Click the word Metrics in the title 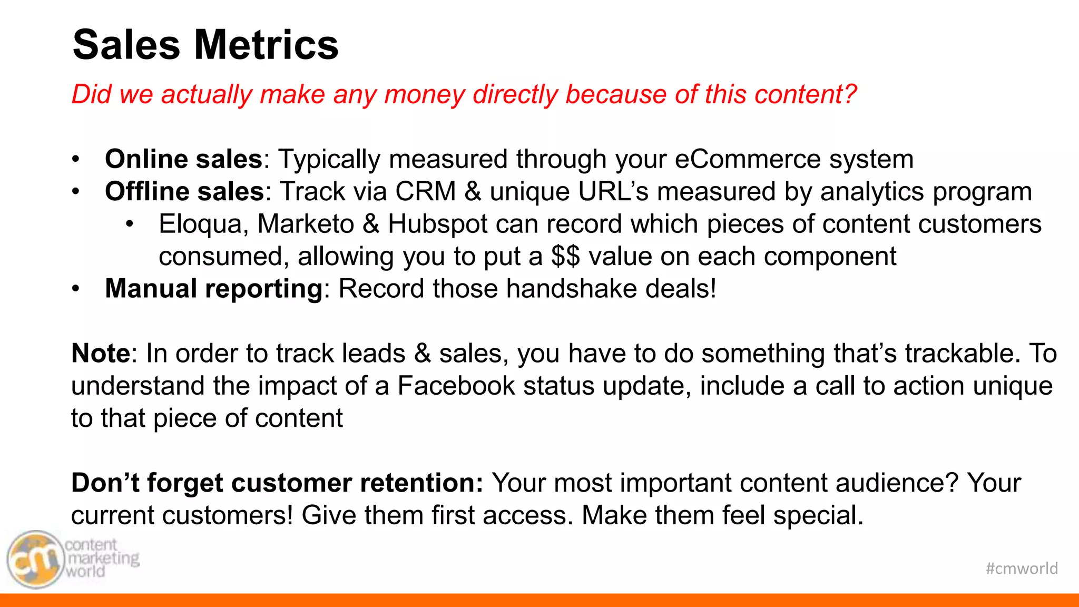tap(267, 45)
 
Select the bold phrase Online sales tap(183, 159)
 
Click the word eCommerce tap(748, 159)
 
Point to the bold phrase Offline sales tap(184, 191)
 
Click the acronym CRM tap(426, 191)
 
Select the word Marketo tap(306, 224)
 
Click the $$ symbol tap(565, 257)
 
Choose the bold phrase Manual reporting tap(213, 289)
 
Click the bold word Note tap(101, 354)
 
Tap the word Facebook tap(456, 386)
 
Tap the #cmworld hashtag tap(1022, 569)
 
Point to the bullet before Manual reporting tap(76, 289)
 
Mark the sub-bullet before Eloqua tap(130, 224)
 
